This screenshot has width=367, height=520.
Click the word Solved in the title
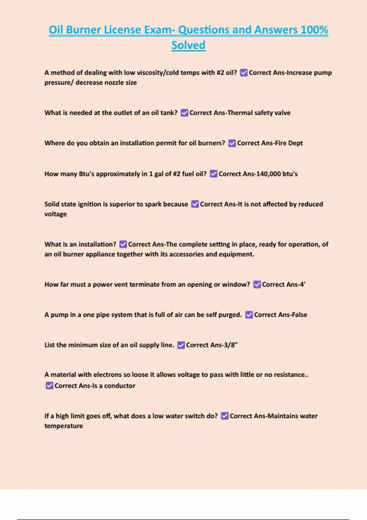point(188,45)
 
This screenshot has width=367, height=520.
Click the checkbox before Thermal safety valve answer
point(184,113)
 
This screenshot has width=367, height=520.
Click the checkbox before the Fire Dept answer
point(232,143)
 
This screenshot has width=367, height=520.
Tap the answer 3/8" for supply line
point(229,345)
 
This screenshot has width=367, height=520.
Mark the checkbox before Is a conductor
point(49,386)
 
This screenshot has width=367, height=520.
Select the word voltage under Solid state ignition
point(55,214)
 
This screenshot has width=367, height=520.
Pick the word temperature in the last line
point(64,426)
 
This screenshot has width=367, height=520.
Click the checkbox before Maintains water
point(225,416)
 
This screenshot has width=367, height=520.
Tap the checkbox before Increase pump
point(244,73)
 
